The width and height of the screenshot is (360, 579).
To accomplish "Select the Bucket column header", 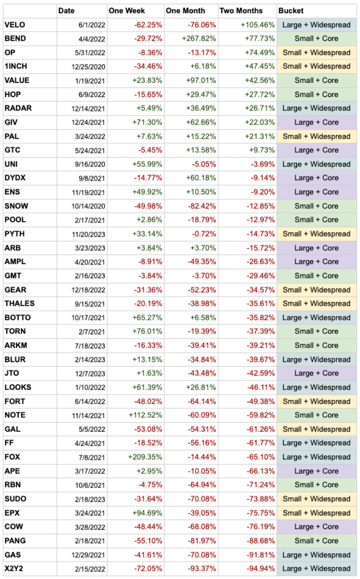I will (x=291, y=10).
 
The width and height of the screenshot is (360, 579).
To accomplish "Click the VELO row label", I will (x=15, y=24).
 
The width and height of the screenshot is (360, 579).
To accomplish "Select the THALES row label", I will (x=19, y=304).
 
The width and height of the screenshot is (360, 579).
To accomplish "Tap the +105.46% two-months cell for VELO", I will (x=257, y=24).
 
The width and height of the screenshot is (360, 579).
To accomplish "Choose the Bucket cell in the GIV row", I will (x=317, y=122).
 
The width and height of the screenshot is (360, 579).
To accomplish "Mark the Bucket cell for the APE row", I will (x=317, y=471).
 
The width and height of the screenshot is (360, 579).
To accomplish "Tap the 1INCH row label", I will (x=16, y=66).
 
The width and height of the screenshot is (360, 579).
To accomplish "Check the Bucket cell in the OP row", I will (x=317, y=53).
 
